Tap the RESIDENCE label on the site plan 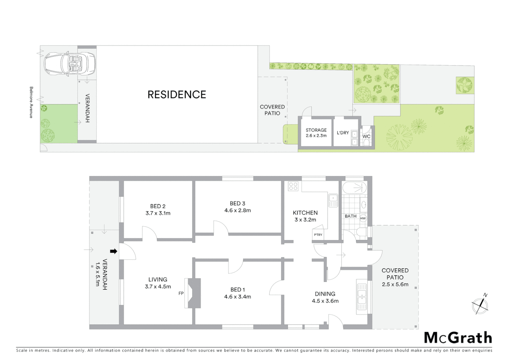click(x=177, y=95)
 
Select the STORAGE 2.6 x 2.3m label click(x=316, y=133)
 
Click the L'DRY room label click(x=343, y=133)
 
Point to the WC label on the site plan click(x=366, y=136)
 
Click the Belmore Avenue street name click(x=31, y=102)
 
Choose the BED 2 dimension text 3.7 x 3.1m click(x=158, y=213)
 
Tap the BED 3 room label click(x=238, y=203)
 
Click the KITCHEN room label click(x=305, y=213)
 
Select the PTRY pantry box click(x=318, y=235)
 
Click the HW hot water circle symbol click(x=363, y=218)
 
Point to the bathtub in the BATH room click(x=354, y=188)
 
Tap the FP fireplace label click(x=181, y=293)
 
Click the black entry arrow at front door click(x=114, y=251)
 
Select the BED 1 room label click(x=238, y=290)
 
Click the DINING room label click(x=325, y=294)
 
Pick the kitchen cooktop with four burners click(x=293, y=186)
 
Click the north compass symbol click(x=480, y=305)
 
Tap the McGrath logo click(x=458, y=338)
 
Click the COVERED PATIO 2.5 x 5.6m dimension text click(x=395, y=284)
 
